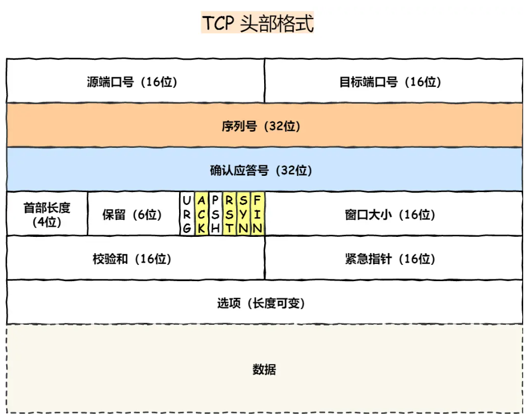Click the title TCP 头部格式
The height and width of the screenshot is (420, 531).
point(257,24)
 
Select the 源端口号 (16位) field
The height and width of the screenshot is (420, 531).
point(132,82)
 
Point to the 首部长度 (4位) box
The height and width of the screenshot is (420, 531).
point(47,214)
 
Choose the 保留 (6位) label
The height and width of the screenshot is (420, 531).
point(132,214)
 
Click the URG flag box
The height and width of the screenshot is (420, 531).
point(187,214)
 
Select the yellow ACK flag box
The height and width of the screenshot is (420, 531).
point(201,214)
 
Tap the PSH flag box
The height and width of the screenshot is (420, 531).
point(215,214)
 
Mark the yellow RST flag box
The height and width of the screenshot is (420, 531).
point(229,214)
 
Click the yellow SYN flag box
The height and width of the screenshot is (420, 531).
point(243,214)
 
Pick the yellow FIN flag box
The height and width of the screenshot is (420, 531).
point(257,214)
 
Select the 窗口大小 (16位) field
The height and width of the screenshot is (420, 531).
point(391,214)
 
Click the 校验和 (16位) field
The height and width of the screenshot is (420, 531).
point(132,259)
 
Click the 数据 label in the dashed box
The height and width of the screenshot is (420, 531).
point(264,370)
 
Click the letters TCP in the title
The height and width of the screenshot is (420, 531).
point(219,24)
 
